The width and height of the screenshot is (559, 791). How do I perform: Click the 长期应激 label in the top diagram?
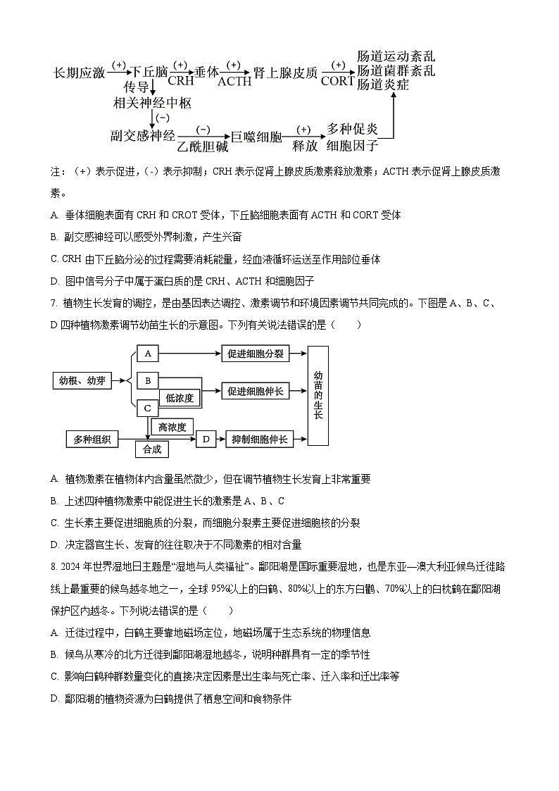pyautogui.click(x=80, y=73)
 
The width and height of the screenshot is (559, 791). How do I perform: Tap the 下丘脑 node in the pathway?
pyautogui.click(x=150, y=73)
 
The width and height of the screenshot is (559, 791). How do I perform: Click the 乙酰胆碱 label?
pyautogui.click(x=203, y=147)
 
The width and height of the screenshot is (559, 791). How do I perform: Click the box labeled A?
pyautogui.click(x=148, y=354)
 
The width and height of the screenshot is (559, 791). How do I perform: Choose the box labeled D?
pyautogui.click(x=206, y=440)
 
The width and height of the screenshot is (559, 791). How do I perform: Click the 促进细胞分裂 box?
pyautogui.click(x=256, y=354)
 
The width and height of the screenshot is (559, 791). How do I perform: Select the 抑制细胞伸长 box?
pyautogui.click(x=260, y=440)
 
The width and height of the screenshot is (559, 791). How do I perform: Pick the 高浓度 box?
pyautogui.click(x=172, y=427)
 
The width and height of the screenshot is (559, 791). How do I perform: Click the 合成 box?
pyautogui.click(x=152, y=449)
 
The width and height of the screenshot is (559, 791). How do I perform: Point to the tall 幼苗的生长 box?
pyautogui.click(x=318, y=395)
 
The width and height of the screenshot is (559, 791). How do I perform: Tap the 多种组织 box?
pyautogui.click(x=92, y=440)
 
